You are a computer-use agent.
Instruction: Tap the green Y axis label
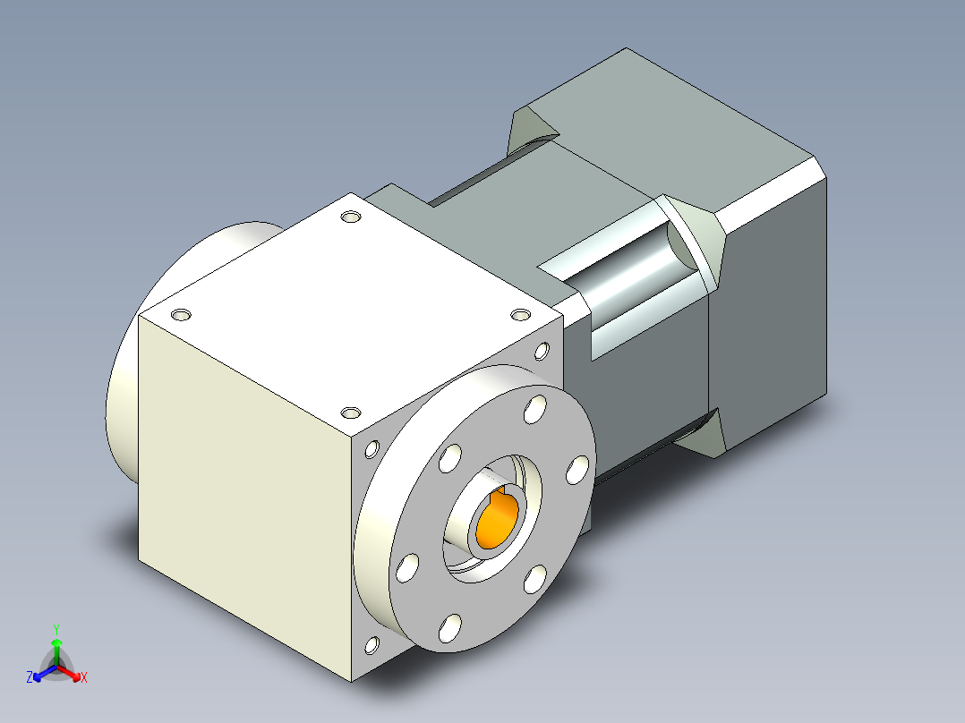click(56, 629)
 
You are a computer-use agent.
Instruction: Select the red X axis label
click(83, 678)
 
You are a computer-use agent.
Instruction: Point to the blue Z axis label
click(30, 677)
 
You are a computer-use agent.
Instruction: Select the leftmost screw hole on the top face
click(181, 315)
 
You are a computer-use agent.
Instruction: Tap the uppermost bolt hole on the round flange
click(535, 409)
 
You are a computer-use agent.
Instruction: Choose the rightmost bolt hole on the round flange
click(579, 468)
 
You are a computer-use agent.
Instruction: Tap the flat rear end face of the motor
click(770, 304)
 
